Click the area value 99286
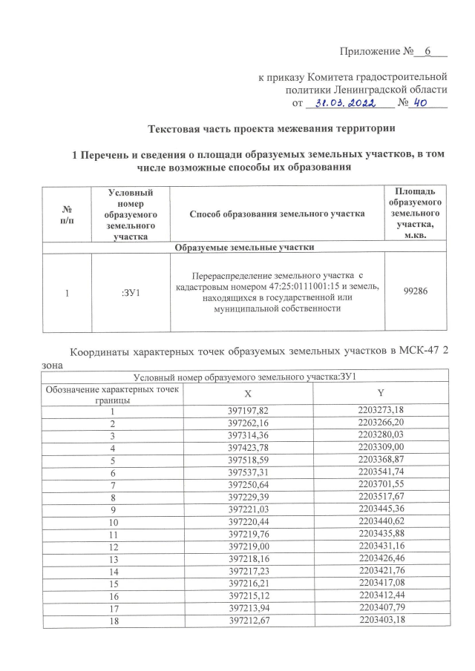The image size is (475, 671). coord(416,292)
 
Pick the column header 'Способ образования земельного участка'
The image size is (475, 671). coord(277,214)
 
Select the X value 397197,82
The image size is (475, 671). coord(247,410)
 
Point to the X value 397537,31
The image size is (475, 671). coord(247,472)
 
